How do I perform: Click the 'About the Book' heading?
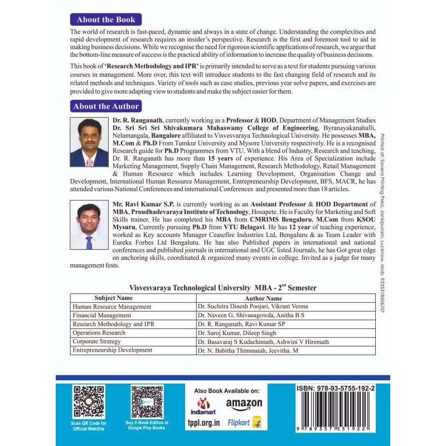[106, 20]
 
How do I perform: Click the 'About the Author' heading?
[106, 106]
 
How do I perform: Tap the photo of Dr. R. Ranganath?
[89, 143]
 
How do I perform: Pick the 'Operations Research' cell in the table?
[99, 332]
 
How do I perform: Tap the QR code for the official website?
[88, 401]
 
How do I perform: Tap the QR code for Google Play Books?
[147, 401]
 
